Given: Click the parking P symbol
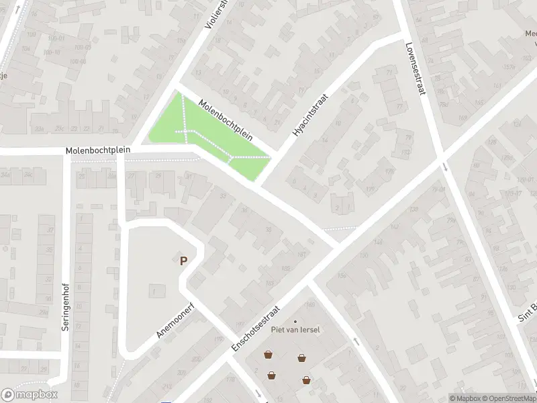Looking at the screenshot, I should click(183, 261).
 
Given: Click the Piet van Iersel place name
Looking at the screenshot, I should click(295, 330).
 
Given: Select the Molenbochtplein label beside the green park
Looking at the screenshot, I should click(226, 120).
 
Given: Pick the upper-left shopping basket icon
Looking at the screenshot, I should click(268, 354).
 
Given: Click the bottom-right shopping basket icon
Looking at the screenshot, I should click(307, 380).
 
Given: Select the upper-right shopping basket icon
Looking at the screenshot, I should click(302, 357).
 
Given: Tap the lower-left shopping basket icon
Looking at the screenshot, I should click(272, 375).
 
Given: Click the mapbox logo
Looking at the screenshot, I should click(30, 395).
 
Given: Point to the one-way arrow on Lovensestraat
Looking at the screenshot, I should click(444, 166).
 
